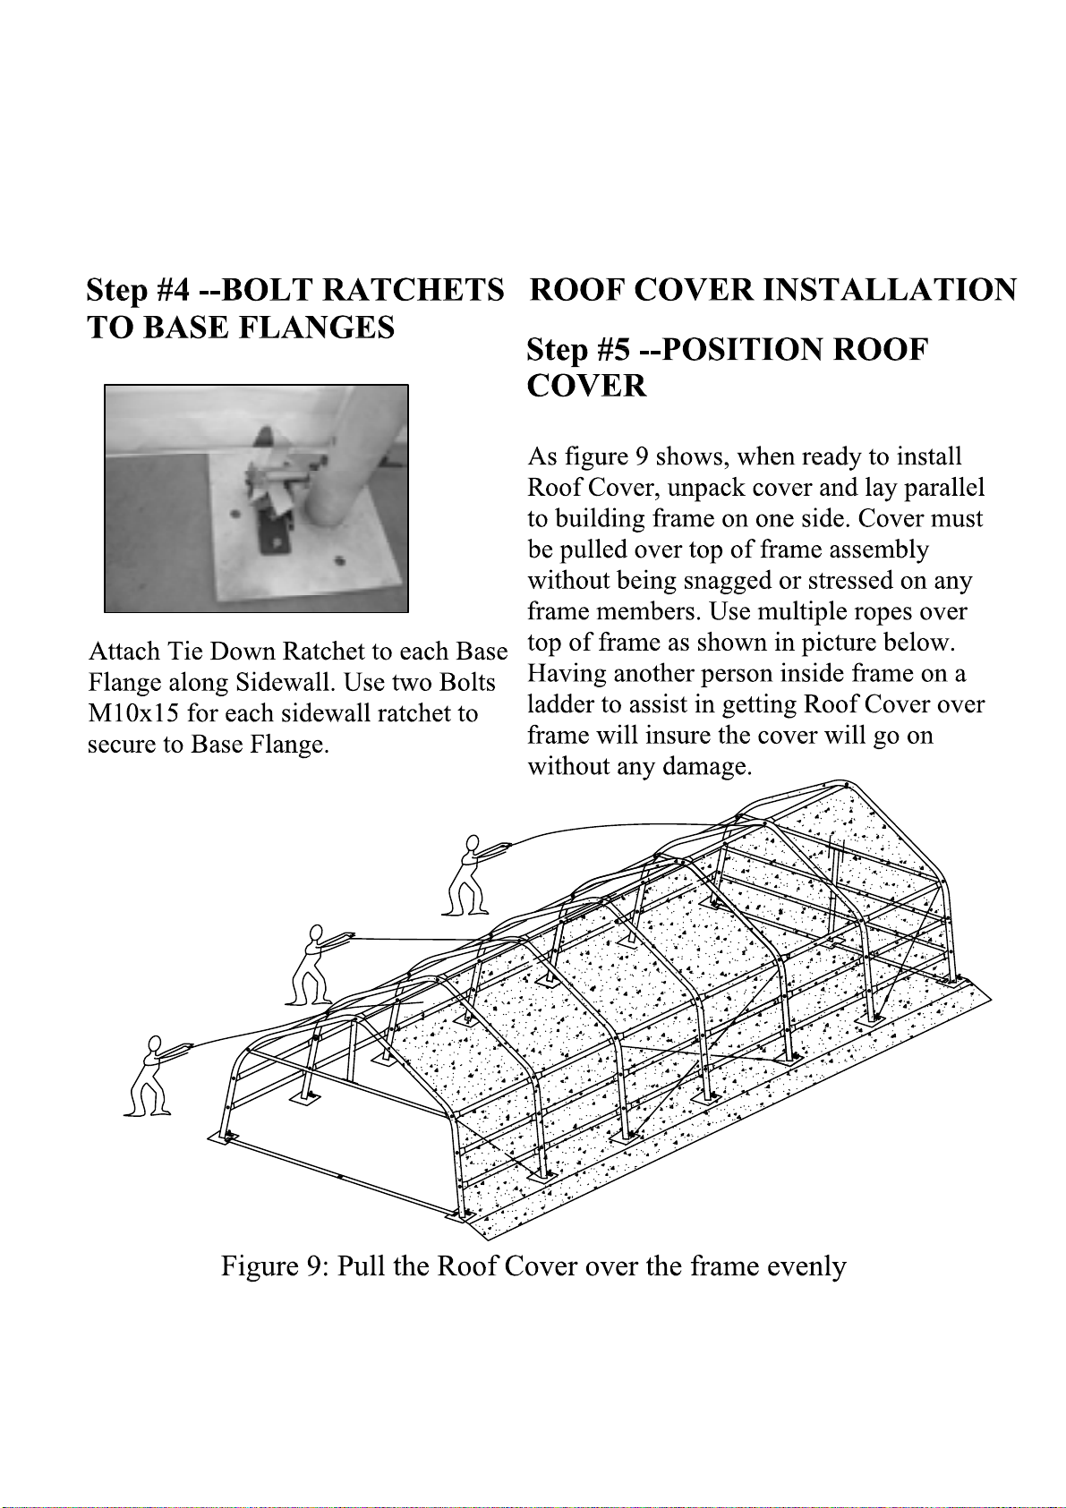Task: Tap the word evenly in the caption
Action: tap(806, 1266)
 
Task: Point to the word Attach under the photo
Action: tap(124, 652)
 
